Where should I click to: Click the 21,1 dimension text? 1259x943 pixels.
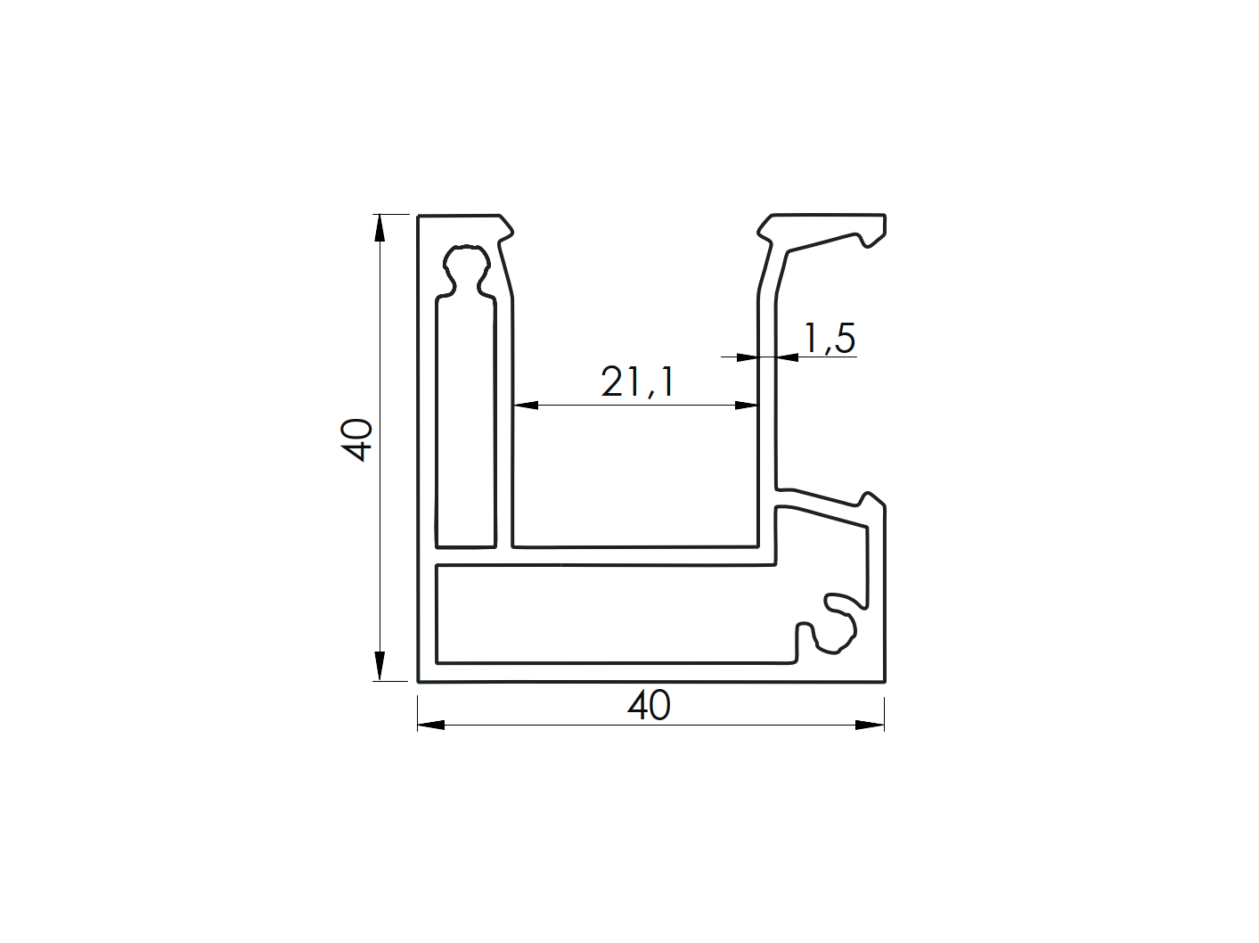(x=637, y=382)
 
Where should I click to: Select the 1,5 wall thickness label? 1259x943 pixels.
(x=829, y=339)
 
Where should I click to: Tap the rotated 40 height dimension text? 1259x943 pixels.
(x=357, y=439)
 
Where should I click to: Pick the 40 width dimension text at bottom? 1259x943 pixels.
(x=649, y=706)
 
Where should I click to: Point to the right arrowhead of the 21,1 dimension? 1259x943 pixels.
(x=747, y=406)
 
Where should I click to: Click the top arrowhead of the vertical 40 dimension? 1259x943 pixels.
(x=380, y=228)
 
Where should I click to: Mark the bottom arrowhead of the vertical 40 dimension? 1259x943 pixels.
(x=380, y=667)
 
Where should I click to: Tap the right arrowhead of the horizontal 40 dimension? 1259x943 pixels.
(x=871, y=725)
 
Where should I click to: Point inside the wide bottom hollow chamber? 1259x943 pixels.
(x=606, y=615)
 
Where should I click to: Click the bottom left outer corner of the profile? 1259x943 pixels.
(x=419, y=681)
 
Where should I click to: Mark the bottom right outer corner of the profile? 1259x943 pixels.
(x=884, y=681)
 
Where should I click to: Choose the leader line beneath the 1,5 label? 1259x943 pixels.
(x=829, y=357)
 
